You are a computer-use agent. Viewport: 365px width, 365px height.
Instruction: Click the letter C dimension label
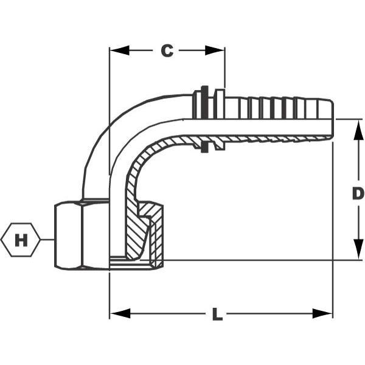tap(167, 50)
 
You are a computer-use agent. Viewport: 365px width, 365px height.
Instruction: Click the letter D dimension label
tap(358, 193)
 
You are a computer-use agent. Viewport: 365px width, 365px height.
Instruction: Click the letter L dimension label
tap(217, 314)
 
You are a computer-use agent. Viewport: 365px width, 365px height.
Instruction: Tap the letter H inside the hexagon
tap(21, 240)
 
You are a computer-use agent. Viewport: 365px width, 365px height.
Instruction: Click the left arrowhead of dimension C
tap(119, 50)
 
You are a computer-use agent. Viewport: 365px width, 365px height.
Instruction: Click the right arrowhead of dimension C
tap(215, 50)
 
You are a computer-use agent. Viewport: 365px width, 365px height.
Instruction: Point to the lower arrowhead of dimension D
tap(358, 249)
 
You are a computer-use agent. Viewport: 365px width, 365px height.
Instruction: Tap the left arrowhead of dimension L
tap(120, 313)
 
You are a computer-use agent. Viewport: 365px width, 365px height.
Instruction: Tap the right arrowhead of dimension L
tap(322, 313)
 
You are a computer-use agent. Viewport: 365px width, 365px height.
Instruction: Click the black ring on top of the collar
tap(204, 102)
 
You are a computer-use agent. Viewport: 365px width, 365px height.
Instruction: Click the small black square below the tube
tap(204, 148)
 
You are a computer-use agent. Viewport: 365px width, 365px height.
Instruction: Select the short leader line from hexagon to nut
tap(47, 240)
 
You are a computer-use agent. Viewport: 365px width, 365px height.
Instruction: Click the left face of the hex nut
tap(68, 236)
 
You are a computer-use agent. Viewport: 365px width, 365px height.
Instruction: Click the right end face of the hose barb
tap(332, 119)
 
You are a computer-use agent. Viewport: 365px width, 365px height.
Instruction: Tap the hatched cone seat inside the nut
tap(137, 233)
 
